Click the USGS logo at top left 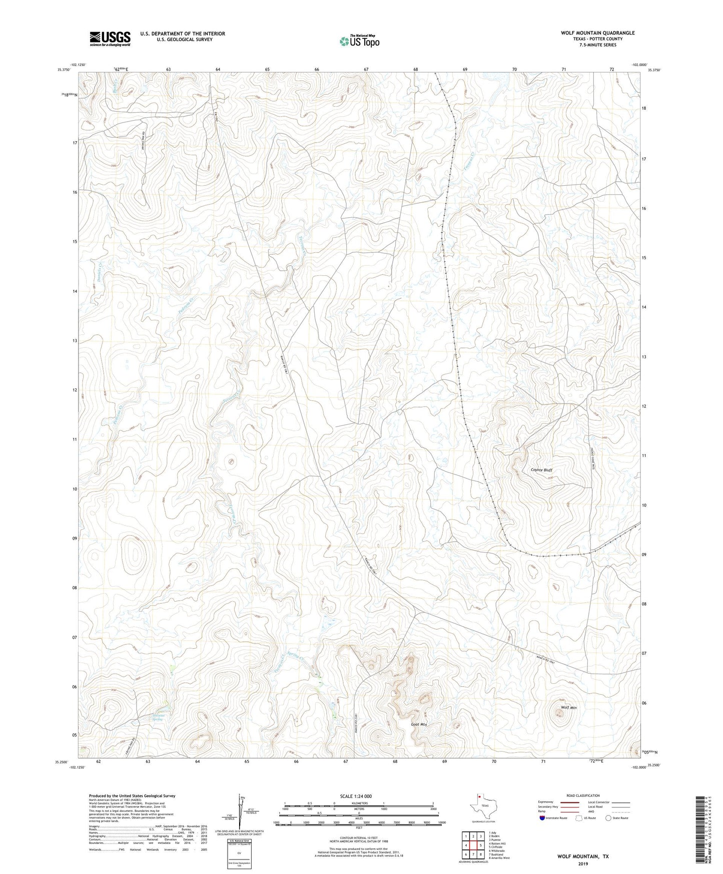click(110, 39)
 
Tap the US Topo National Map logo click(358, 41)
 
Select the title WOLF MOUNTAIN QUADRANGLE click(597, 33)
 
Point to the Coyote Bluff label click(541, 470)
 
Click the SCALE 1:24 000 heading click(356, 796)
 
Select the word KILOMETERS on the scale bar click(358, 803)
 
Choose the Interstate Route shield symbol click(542, 818)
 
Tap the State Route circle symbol click(608, 818)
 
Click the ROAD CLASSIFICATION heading click(583, 795)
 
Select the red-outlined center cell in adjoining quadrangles click(473, 845)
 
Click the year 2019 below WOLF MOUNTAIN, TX click(583, 863)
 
